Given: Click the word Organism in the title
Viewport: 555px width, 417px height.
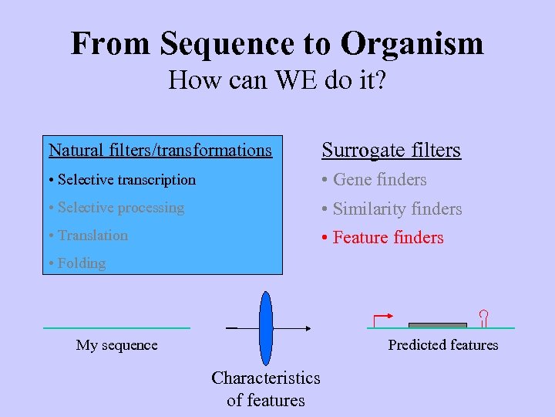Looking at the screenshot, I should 412,43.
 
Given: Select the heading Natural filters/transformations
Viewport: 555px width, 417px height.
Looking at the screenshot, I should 160,150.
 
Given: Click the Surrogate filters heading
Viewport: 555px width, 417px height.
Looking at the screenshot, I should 391,150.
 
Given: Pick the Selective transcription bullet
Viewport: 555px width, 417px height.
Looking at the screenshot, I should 122,180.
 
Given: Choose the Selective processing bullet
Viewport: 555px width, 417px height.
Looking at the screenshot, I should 116,208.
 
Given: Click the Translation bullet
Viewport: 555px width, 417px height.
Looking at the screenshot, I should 88,236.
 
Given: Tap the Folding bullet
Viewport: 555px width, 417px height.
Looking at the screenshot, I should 76,263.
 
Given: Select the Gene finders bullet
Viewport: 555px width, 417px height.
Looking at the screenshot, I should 374,180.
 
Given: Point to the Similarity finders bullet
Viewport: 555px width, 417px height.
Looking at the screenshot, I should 392,208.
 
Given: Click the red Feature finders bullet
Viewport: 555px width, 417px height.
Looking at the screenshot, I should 382,238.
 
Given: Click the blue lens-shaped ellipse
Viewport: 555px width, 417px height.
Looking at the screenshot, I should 266,327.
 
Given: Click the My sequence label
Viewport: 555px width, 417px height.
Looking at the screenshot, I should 116,345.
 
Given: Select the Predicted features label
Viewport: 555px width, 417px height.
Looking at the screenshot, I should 443,345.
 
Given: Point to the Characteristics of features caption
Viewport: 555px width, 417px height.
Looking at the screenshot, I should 266,388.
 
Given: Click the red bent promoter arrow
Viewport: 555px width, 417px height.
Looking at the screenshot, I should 382,319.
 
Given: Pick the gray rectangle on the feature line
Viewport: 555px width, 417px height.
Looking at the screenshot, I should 437,325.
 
